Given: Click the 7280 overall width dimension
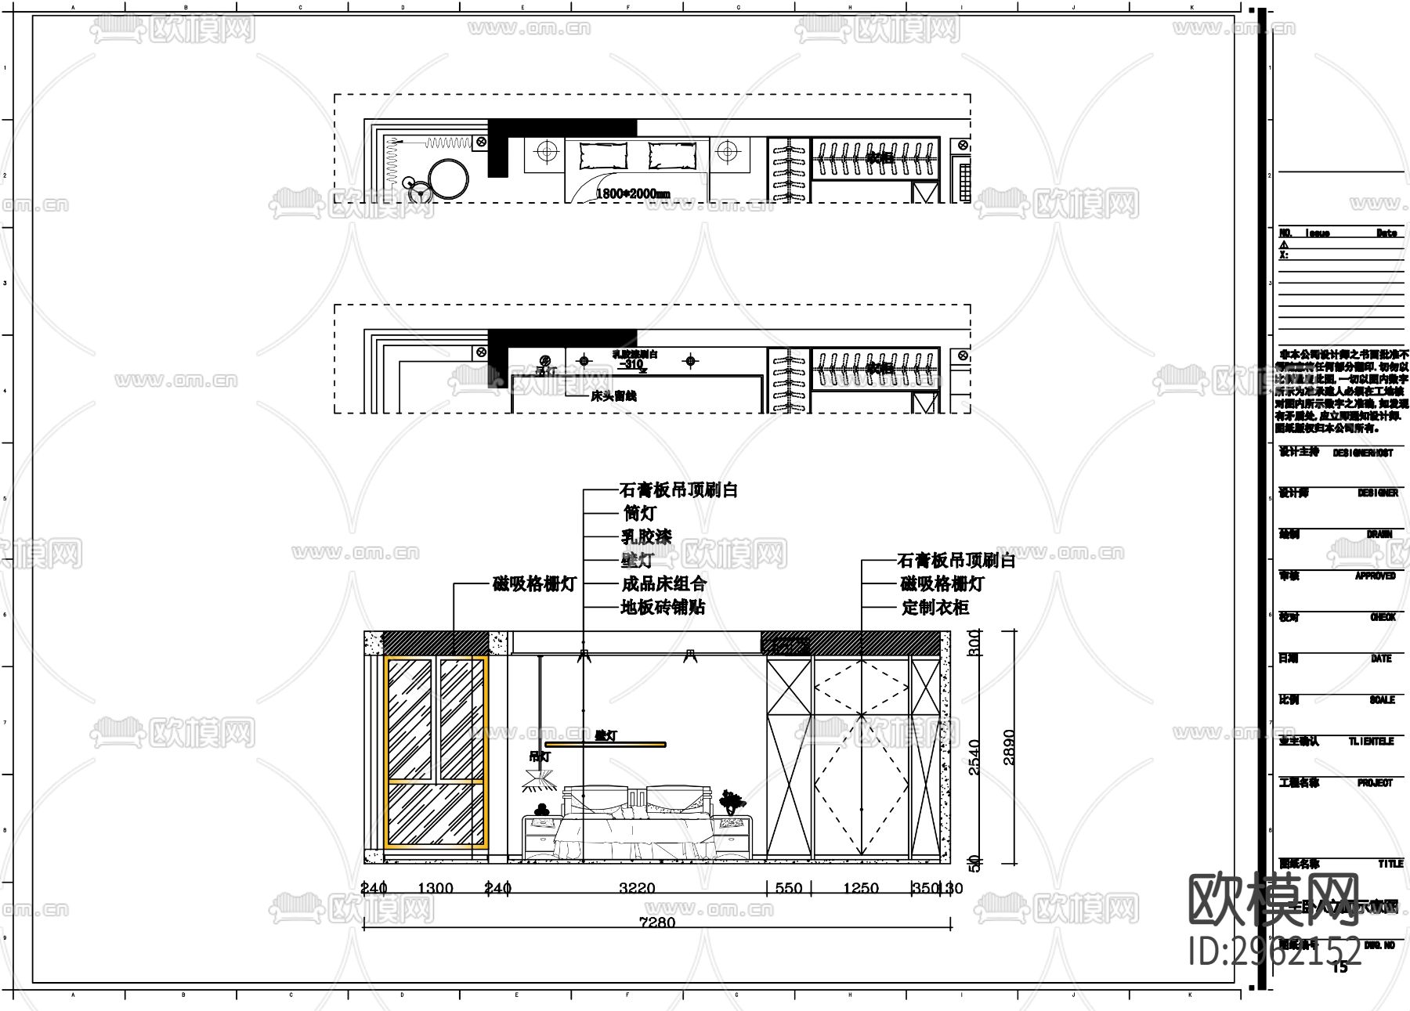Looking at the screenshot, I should [x=657, y=923].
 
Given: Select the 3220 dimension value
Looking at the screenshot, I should [x=637, y=888].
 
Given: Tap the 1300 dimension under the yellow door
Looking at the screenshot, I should [x=436, y=888].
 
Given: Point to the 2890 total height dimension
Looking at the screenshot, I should [x=1009, y=747].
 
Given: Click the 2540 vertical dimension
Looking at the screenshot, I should [x=974, y=756].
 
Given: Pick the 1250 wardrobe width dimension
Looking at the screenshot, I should [x=860, y=888].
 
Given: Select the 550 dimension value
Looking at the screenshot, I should [x=789, y=888].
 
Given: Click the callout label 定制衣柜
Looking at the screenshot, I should [x=935, y=608].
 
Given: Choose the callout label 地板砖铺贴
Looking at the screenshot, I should [x=663, y=607].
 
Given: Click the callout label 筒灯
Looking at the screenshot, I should [x=639, y=514].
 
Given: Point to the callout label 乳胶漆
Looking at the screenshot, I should [x=646, y=537].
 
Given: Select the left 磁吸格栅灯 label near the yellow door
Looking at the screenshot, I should [x=534, y=584].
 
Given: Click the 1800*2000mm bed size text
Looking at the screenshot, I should [x=633, y=193].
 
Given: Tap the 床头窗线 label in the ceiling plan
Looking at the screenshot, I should [x=613, y=396].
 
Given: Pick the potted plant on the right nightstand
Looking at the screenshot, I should [x=732, y=802].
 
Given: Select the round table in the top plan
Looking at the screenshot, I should [x=447, y=179].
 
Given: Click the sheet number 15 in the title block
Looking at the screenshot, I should [x=1340, y=967].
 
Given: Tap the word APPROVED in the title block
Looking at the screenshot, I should [x=1375, y=576].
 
